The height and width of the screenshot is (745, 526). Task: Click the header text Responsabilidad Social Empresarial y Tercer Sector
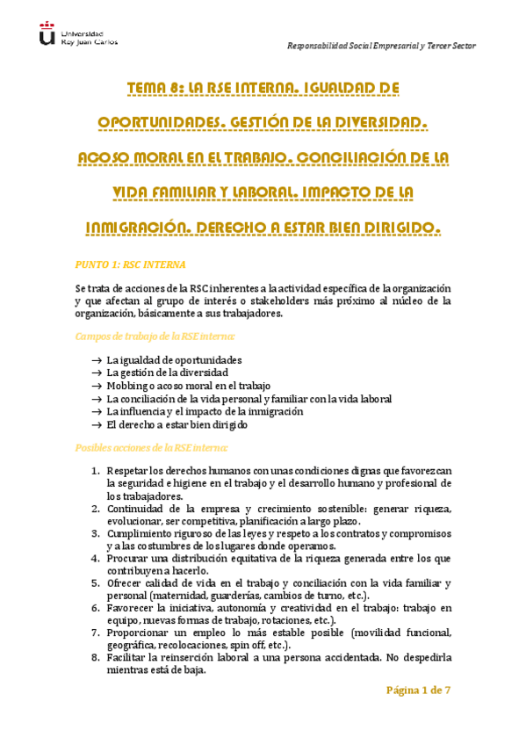[x=383, y=46]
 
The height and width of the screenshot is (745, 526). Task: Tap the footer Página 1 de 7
[x=418, y=690]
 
